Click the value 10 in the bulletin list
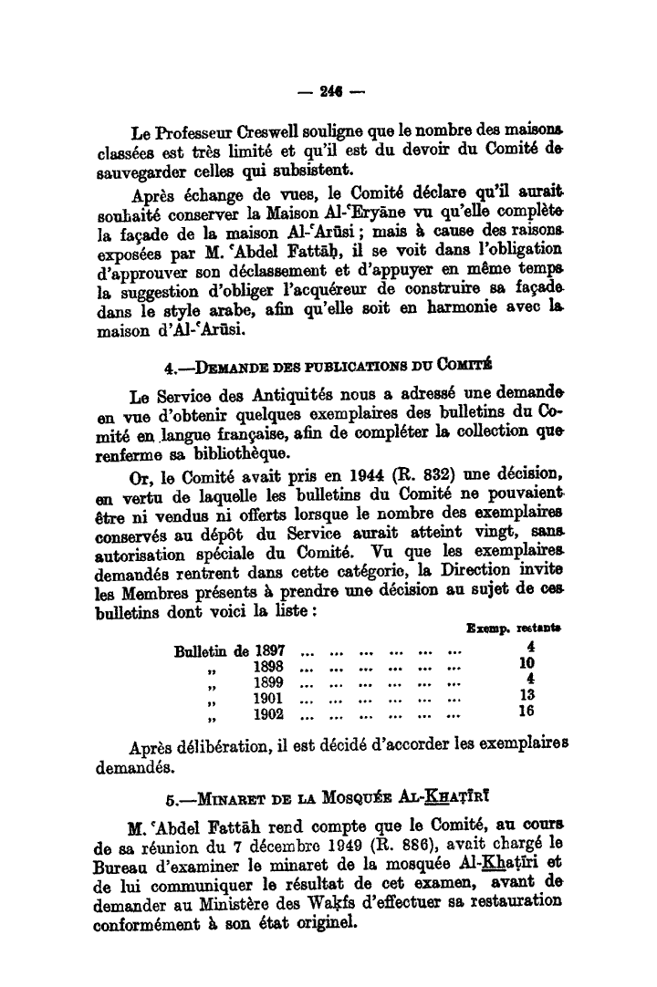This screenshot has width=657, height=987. pos(526,664)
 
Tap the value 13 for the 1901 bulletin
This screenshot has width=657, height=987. pos(526,696)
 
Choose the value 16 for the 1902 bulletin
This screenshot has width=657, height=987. pos(526,712)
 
